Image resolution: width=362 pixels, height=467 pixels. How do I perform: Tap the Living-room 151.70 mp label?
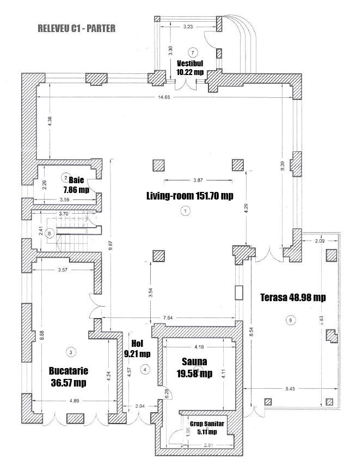point(189,196)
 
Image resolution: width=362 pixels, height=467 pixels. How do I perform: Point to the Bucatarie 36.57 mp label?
point(68,377)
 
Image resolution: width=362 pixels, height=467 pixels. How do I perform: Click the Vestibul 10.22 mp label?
point(190,67)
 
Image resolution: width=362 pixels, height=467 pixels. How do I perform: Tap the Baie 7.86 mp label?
point(76,184)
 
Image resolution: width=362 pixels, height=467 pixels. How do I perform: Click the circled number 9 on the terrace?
point(291,320)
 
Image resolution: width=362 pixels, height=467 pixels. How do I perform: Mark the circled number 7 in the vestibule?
point(191,52)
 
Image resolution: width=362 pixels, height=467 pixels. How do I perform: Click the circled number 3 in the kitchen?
point(70,351)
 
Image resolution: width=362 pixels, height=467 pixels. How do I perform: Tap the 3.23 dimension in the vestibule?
point(187,26)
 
